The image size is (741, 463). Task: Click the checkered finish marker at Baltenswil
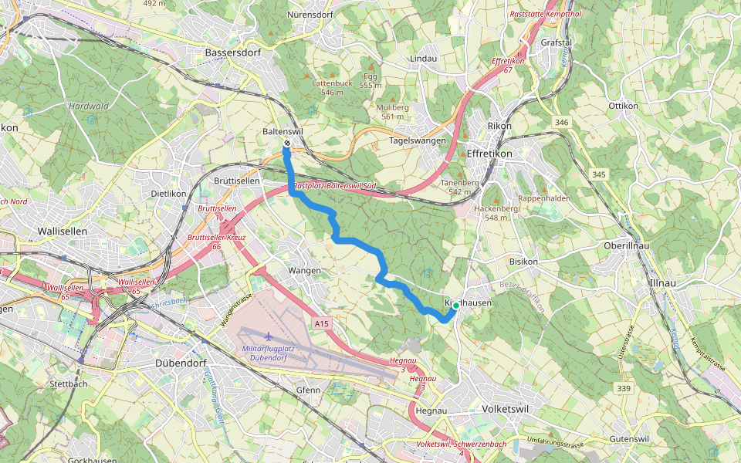pos(286,144)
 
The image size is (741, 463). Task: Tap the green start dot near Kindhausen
pos(455,306)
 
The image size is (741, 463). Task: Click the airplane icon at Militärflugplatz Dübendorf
pos(267,336)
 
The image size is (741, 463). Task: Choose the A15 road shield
pos(323,325)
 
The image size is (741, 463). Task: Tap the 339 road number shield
pos(624,388)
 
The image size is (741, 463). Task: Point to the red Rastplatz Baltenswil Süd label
pos(334,186)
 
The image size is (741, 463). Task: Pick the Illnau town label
pos(664,283)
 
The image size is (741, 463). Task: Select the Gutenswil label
pos(631,438)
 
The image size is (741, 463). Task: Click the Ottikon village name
pos(623,105)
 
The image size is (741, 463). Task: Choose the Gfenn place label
pos(308,390)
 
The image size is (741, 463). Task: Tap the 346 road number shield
pos(560,123)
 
